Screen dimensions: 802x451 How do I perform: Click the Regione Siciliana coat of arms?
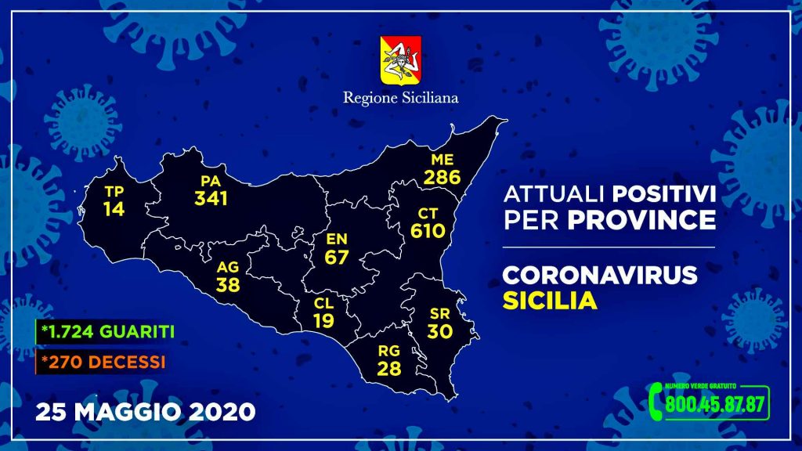[400, 60]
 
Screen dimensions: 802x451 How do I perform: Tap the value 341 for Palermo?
[211, 198]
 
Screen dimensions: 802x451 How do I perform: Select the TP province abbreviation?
[114, 191]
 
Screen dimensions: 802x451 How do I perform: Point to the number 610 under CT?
[428, 231]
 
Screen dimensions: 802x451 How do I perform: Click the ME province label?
[442, 160]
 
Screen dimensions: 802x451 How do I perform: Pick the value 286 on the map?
[442, 178]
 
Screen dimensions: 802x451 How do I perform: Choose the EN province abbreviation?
[337, 239]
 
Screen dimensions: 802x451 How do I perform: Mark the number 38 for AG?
[228, 285]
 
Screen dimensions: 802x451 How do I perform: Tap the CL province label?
[323, 303]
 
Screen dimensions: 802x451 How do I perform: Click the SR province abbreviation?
[440, 313]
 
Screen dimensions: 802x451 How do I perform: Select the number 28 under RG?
[388, 368]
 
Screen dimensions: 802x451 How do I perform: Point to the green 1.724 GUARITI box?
[106, 332]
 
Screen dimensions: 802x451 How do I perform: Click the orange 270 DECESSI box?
[101, 362]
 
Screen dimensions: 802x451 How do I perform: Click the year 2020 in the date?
[222, 412]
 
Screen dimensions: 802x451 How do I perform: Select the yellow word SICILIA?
[550, 301]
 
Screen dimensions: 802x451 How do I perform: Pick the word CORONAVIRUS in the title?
[599, 275]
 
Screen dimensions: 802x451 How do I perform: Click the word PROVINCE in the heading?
[641, 220]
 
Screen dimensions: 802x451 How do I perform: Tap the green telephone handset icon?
[656, 402]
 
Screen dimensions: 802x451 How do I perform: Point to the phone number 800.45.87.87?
[714, 405]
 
